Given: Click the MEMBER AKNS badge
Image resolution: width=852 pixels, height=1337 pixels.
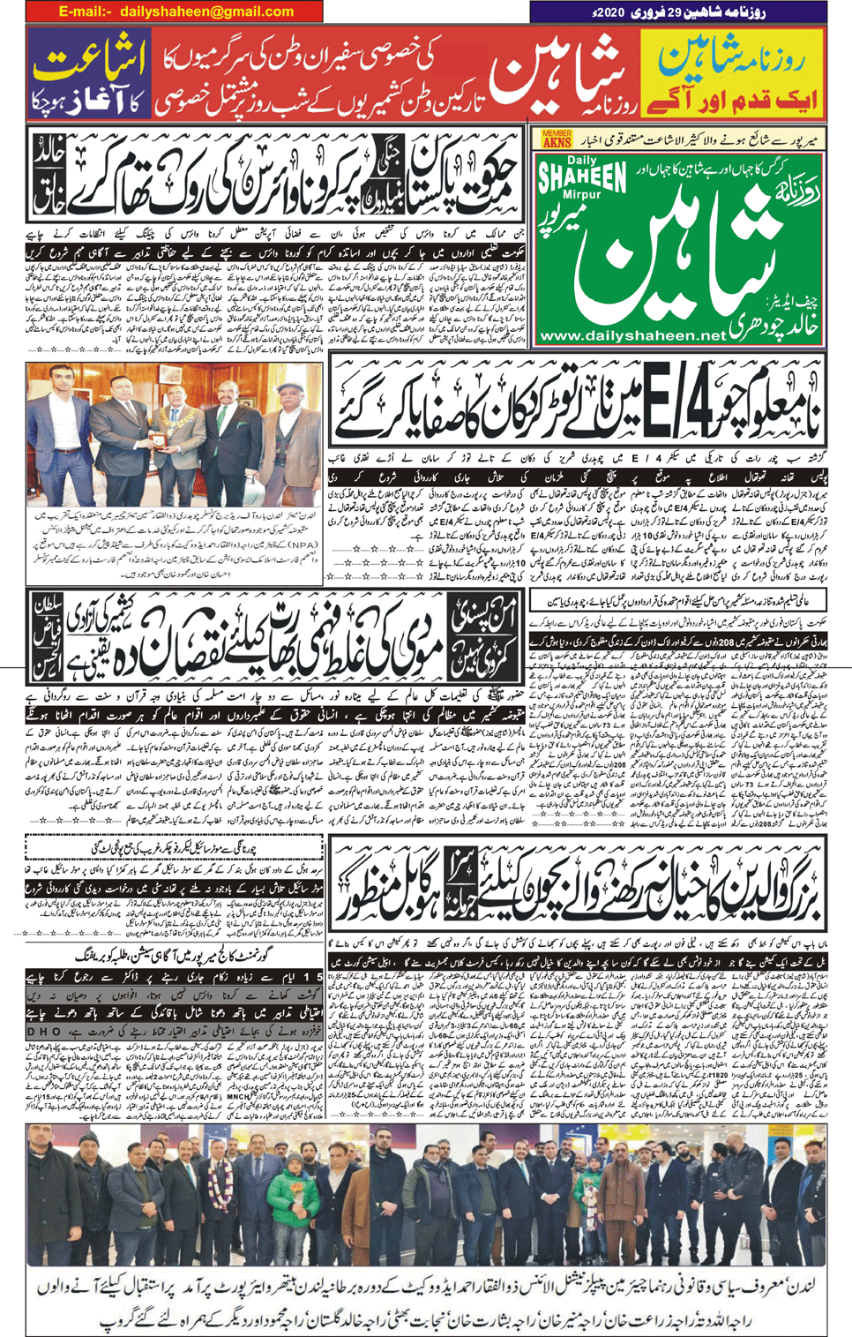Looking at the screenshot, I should coord(557,139).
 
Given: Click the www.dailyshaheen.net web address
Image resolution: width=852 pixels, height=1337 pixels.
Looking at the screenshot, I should coord(632,336).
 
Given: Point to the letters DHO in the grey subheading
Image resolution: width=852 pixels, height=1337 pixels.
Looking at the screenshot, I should coord(42,1030).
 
